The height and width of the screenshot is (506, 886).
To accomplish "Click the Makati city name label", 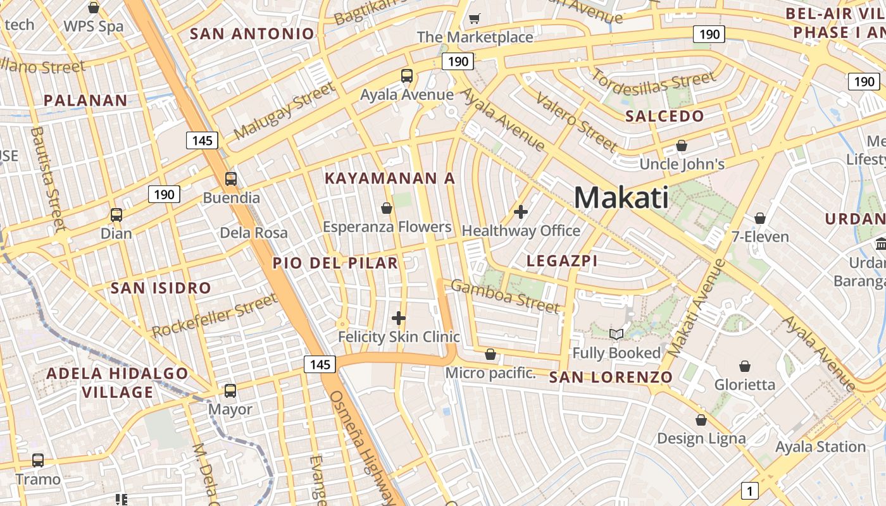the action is (x=621, y=197).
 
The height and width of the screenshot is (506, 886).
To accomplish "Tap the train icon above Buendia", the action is (x=231, y=179).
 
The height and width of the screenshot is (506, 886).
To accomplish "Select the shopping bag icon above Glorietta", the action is (x=745, y=366).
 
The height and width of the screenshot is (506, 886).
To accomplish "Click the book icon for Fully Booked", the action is (x=616, y=334).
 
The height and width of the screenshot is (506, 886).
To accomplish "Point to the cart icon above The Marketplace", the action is (x=475, y=18).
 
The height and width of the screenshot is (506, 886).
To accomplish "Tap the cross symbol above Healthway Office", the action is (x=521, y=211).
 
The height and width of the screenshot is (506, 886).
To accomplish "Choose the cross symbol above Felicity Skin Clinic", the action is (x=398, y=318).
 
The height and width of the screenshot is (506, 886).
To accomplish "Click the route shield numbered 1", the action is (x=750, y=490).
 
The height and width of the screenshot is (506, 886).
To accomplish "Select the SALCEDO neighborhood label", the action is (x=664, y=116).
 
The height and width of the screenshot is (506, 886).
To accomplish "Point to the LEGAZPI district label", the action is (x=562, y=261).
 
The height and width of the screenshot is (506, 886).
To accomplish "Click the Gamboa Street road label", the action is (x=505, y=296).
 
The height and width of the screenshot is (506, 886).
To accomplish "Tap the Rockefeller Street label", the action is (x=215, y=316).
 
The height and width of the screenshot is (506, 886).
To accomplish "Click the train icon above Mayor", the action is (x=230, y=391).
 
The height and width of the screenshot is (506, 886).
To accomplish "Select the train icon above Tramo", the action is (x=38, y=460).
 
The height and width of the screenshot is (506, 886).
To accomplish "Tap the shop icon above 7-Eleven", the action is (x=760, y=218).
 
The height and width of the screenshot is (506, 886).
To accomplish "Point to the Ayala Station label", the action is (x=820, y=447).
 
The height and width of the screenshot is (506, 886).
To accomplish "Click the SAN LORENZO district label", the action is (x=611, y=378).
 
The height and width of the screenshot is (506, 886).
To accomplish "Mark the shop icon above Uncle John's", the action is (x=681, y=145).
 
